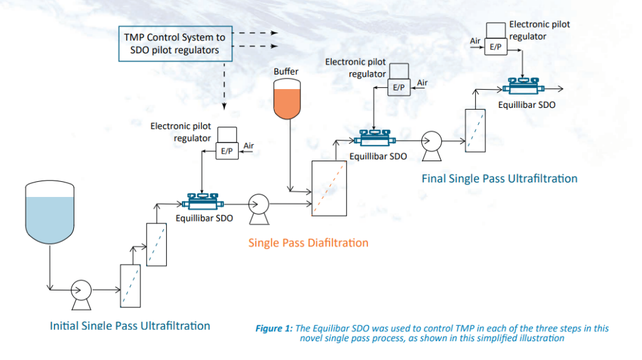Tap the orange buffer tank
[x=288, y=100]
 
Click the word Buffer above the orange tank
[x=287, y=71]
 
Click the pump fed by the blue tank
[x=81, y=290]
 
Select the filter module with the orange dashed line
[x=329, y=188]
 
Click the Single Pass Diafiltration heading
[x=308, y=243]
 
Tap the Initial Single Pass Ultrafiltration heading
[x=130, y=326]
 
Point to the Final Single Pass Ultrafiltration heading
[x=499, y=179]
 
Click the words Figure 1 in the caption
[x=276, y=329]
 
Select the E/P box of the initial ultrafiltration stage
[x=227, y=152]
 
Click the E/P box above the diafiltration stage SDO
[x=398, y=88]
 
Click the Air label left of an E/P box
[x=475, y=41]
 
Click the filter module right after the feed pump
[x=129, y=285]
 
